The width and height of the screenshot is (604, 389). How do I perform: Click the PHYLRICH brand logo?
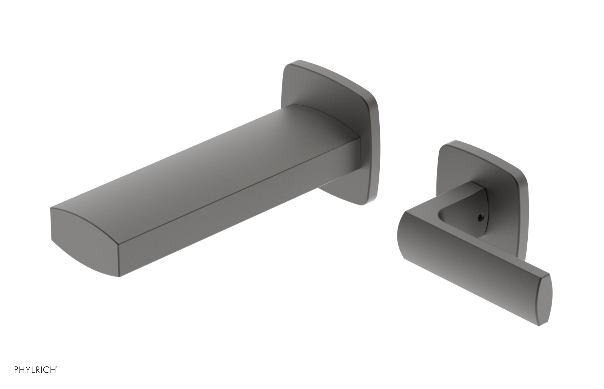35,370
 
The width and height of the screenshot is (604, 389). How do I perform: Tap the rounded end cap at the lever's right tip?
544,300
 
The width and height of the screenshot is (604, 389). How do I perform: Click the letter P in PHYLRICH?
16,370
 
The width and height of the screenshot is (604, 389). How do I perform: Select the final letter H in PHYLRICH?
54,370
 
